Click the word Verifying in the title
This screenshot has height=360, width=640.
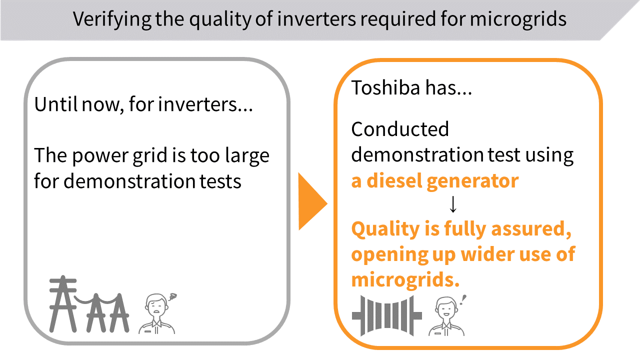[112, 19]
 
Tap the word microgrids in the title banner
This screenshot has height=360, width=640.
[518, 19]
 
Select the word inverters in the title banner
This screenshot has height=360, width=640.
[316, 19]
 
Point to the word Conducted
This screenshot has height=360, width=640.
[400, 129]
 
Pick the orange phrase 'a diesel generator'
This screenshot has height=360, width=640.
[435, 181]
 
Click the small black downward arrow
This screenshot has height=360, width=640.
[453, 204]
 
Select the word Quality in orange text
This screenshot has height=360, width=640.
[386, 229]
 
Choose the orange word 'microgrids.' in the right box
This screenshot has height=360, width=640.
[405, 280]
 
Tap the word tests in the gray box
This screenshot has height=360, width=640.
[220, 181]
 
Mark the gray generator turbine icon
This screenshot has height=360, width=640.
[387, 315]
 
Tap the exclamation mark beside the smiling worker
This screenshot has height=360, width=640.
[463, 300]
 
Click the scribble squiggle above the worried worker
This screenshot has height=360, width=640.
[172, 296]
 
